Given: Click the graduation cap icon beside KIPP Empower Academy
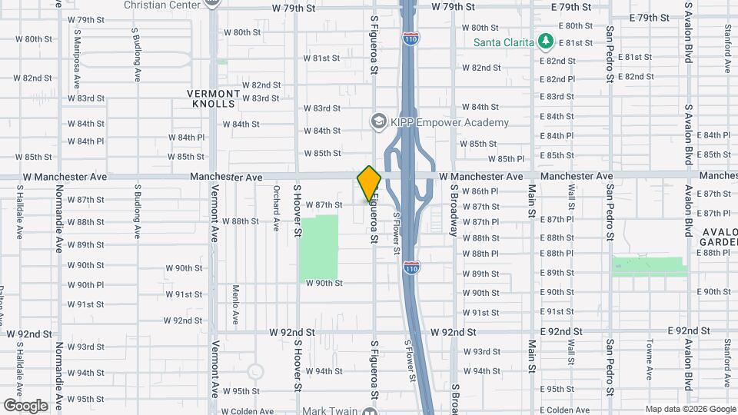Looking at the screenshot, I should click(378, 121).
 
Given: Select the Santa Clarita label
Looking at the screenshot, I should click(504, 41).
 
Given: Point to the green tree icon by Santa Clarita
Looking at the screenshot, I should click(546, 41).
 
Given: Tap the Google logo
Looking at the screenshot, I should click(25, 406).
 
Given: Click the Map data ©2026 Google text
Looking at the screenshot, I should click(690, 409).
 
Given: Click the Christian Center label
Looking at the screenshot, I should click(162, 4).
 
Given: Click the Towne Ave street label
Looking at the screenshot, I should click(650, 359).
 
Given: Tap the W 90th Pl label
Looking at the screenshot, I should click(86, 285).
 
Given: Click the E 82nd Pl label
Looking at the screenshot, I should click(557, 79).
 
